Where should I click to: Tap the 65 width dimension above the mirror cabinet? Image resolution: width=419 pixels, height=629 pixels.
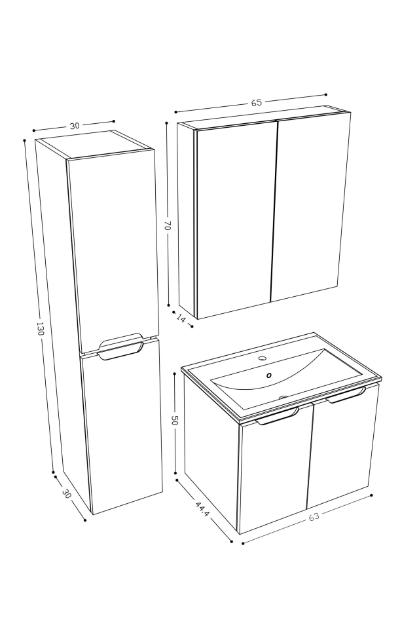pyautogui.click(x=256, y=103)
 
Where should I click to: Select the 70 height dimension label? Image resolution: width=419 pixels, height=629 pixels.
pyautogui.click(x=168, y=225)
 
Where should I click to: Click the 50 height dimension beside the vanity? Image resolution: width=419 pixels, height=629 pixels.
pyautogui.click(x=175, y=421)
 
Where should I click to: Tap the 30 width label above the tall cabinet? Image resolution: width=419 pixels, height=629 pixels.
pyautogui.click(x=74, y=125)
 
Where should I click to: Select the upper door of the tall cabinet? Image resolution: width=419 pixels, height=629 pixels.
pyautogui.click(x=113, y=249)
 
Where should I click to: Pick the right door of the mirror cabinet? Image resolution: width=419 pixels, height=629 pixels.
pyautogui.click(x=311, y=206)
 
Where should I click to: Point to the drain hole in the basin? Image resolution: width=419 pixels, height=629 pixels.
pyautogui.click(x=268, y=375)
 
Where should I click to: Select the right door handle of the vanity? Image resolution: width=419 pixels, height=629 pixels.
pyautogui.click(x=345, y=394)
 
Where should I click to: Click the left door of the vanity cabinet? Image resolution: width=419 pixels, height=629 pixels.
pyautogui.click(x=274, y=475)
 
